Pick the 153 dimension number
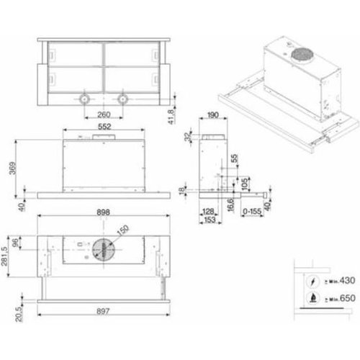tap(210, 220)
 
